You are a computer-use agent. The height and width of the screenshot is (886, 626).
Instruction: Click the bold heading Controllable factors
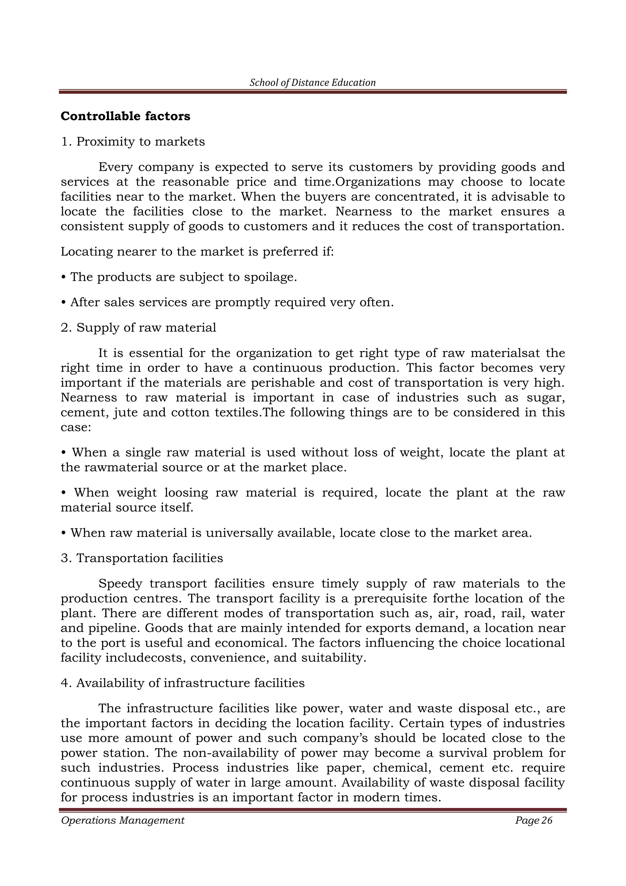(x=125, y=116)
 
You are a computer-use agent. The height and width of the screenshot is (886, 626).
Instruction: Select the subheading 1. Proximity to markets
(x=133, y=142)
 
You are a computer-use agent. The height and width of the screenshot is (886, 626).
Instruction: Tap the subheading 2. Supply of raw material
(x=138, y=328)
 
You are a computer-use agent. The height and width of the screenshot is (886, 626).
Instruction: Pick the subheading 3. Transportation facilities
(x=142, y=558)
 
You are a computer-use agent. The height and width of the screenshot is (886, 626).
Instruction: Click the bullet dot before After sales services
(x=63, y=303)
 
